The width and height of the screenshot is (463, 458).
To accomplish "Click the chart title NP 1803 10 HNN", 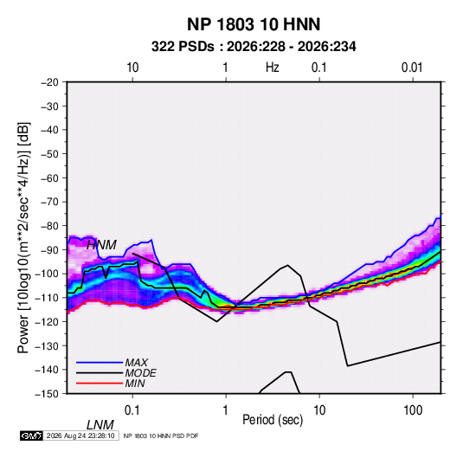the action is [x=254, y=24].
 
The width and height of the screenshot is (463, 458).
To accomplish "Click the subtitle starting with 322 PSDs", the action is [x=254, y=47].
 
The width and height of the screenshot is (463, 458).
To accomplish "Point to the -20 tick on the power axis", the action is [x=49, y=82].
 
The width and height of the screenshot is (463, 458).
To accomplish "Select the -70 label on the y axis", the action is [x=49, y=202].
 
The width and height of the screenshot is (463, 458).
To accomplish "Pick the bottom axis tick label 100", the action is [x=413, y=410].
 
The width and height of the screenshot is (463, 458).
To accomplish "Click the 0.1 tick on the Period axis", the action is [x=132, y=410].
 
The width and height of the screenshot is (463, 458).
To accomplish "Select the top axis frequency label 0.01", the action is [x=412, y=68].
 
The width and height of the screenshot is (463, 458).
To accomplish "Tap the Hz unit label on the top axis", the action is [x=273, y=68].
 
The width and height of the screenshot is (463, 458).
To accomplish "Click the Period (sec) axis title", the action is [x=273, y=420].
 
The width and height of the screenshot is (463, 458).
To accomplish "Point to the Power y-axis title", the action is [x=23, y=237].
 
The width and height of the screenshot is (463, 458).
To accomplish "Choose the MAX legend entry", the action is [x=137, y=362].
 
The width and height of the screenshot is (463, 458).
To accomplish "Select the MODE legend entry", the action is [x=140, y=373].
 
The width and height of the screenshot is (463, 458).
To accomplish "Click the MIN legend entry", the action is [x=135, y=384].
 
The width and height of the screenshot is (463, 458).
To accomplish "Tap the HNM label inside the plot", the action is [x=101, y=245].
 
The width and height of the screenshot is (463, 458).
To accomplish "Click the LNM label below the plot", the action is [x=100, y=425].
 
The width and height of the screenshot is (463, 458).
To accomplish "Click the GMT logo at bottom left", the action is [x=31, y=435].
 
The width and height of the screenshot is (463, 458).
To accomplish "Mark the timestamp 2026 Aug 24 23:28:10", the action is [x=80, y=435].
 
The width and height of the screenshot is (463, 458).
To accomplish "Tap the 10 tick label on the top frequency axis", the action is [x=132, y=68].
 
